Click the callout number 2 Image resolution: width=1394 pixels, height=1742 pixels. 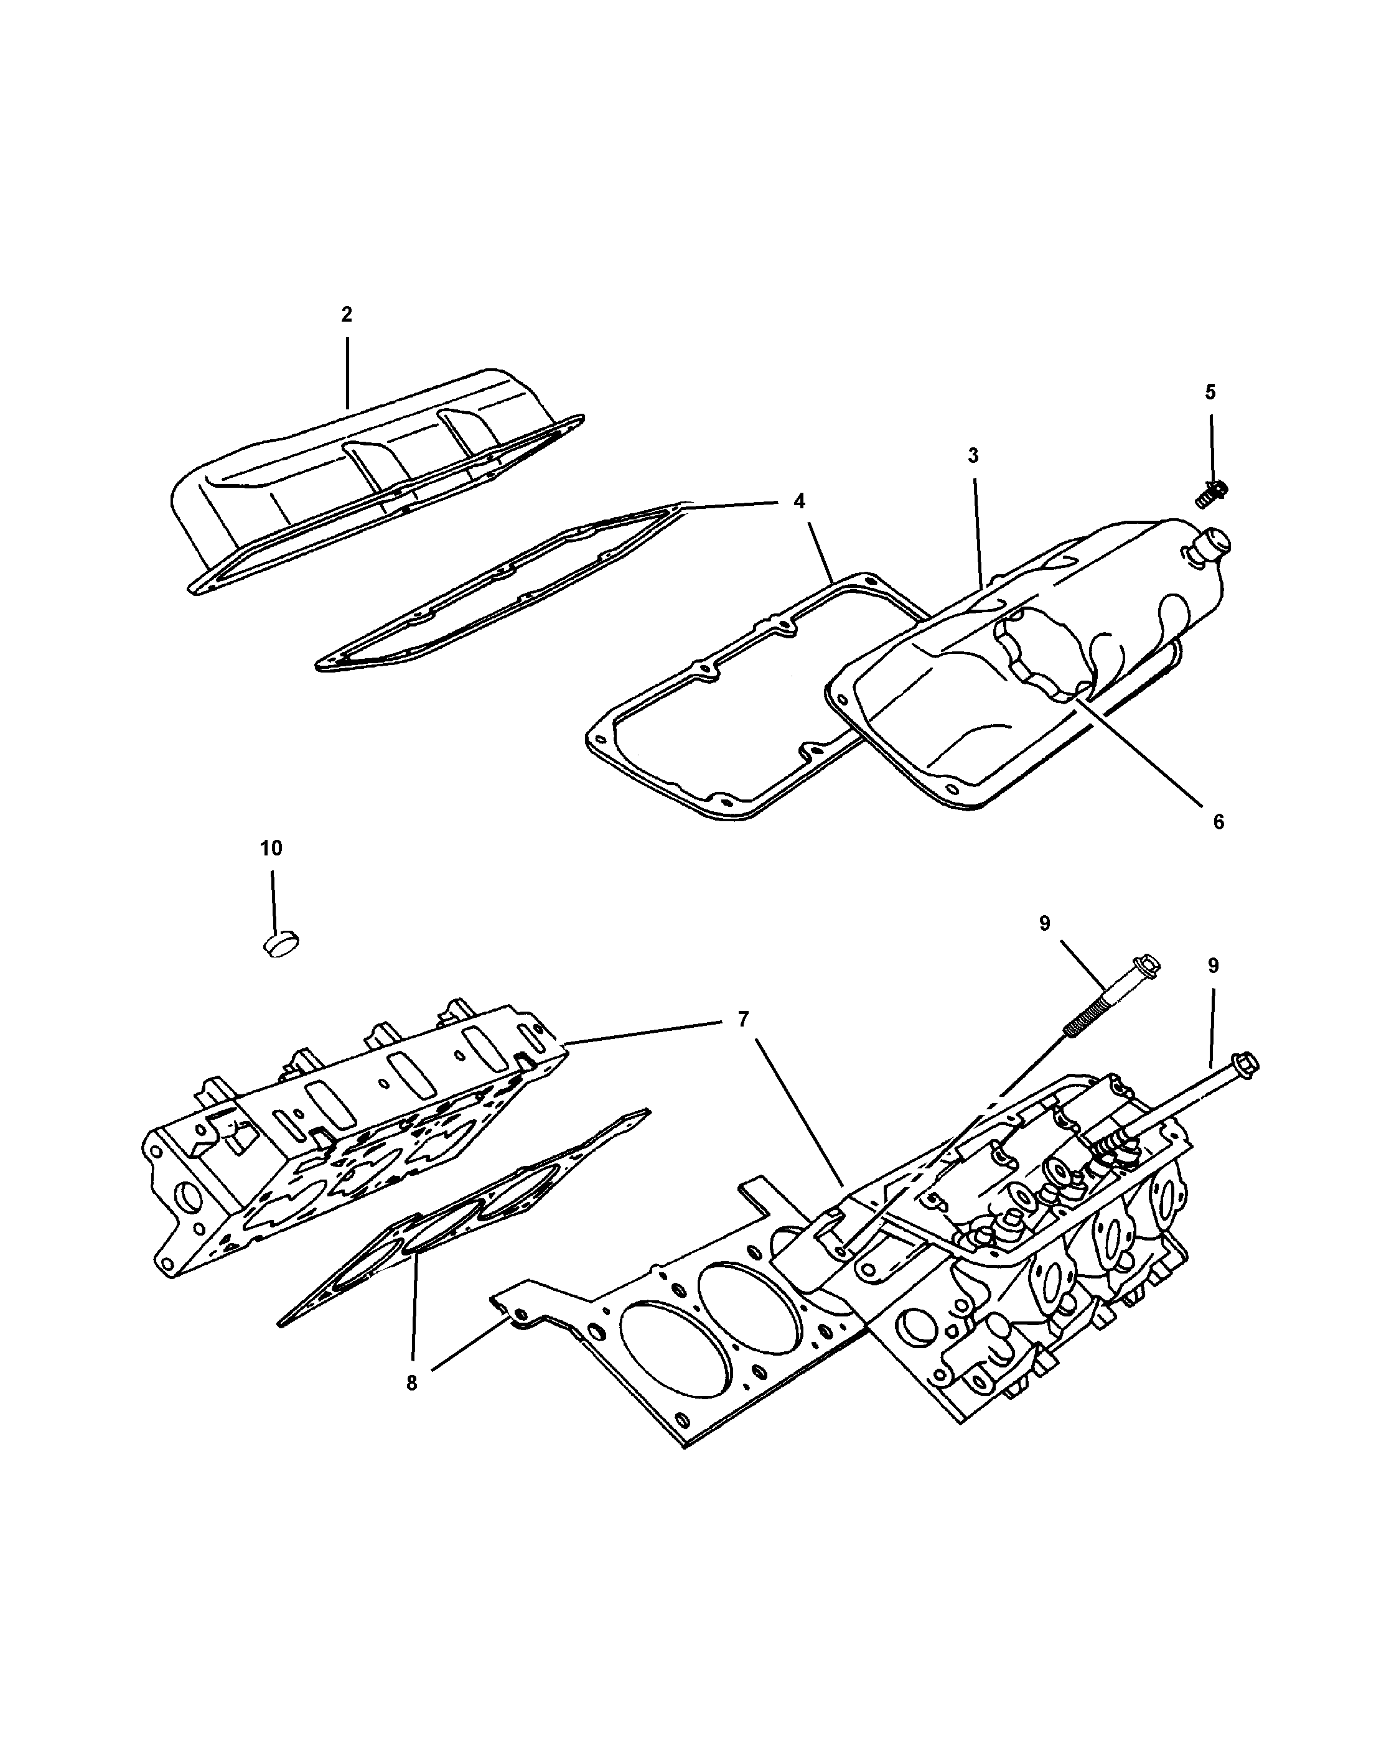(347, 315)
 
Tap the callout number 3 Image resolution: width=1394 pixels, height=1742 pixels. (973, 457)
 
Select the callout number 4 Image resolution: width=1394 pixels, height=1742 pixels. (799, 501)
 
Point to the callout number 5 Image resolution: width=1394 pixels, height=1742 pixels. (1210, 393)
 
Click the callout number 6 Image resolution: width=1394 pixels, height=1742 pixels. (1219, 822)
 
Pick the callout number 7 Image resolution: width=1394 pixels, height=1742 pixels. (742, 1020)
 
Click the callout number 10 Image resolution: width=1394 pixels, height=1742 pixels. (271, 849)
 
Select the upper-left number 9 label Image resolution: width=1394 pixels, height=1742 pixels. (1045, 923)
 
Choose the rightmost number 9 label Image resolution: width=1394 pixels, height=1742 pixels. (1213, 966)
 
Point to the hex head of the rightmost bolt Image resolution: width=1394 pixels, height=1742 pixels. (1245, 1066)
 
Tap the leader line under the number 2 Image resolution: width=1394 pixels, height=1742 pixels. (347, 371)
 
